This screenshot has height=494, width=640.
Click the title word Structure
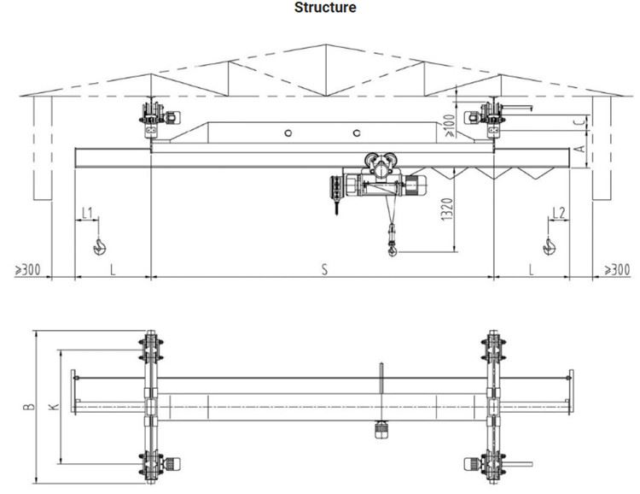(325, 9)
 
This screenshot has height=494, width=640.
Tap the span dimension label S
(324, 270)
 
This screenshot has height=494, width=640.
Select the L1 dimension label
(87, 211)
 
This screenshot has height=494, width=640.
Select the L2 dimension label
(559, 211)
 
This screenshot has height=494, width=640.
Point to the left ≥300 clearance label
(26, 270)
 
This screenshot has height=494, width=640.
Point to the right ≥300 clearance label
(617, 270)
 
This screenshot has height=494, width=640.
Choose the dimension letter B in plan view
(31, 407)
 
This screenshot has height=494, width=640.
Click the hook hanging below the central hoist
(392, 249)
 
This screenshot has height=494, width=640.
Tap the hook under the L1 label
(99, 247)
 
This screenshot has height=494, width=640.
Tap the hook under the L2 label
(549, 247)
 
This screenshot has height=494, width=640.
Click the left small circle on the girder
(288, 132)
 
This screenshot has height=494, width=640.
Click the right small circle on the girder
(356, 132)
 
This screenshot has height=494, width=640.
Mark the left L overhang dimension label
(113, 270)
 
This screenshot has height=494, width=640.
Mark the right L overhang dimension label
(531, 270)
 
